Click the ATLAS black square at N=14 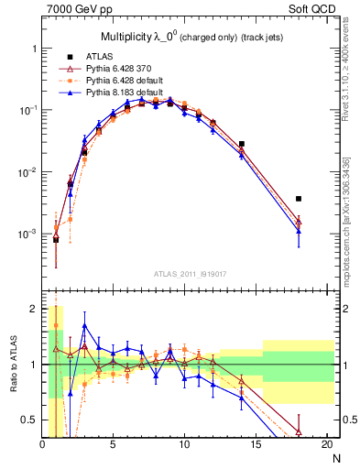[x=242, y=144]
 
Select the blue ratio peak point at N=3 [x=84, y=325]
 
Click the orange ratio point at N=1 [x=56, y=325]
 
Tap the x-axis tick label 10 [x=183, y=444]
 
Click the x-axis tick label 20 [x=325, y=444]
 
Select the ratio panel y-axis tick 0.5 [x=29, y=420]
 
